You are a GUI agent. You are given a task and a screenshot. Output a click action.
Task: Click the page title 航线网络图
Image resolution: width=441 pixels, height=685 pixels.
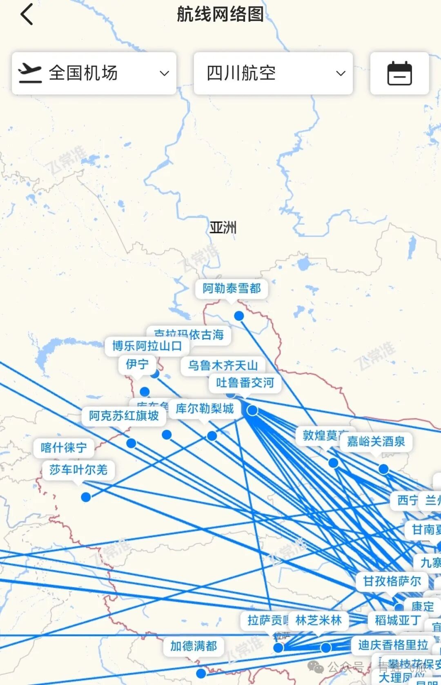220,14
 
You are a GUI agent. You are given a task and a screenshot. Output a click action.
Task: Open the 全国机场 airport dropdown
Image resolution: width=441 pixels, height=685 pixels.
94,74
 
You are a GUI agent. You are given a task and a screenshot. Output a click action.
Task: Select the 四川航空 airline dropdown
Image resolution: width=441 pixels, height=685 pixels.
273,74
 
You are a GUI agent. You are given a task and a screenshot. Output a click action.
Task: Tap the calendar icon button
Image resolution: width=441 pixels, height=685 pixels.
399,74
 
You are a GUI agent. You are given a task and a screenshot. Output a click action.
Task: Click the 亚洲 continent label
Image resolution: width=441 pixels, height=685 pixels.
223,228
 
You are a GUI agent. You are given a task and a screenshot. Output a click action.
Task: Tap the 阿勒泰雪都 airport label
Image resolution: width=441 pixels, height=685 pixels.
232,288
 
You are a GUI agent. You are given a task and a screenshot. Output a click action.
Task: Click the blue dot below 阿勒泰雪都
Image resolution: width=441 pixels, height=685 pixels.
239,316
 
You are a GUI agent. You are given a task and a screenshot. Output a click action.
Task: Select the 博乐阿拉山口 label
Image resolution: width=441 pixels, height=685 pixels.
147,346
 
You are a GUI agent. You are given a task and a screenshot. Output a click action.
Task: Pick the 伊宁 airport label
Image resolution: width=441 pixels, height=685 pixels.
137,364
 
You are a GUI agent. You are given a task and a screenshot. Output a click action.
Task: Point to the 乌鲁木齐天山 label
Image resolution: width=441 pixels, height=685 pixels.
223,365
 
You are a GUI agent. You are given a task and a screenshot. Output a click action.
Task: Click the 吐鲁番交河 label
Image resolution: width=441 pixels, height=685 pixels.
245,383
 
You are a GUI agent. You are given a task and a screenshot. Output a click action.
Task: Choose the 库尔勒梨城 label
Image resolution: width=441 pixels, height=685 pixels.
205,408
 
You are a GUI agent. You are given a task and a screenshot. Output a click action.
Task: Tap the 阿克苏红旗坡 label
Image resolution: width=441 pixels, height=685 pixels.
124,416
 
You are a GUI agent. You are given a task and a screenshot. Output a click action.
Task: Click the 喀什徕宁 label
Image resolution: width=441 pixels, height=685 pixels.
64,448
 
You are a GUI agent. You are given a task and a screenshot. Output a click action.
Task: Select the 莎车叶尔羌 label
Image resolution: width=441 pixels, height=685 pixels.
78,470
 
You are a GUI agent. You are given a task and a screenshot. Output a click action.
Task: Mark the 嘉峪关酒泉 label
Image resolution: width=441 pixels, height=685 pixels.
376,441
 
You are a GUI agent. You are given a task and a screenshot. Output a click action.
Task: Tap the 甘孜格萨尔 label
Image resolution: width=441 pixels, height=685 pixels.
392,581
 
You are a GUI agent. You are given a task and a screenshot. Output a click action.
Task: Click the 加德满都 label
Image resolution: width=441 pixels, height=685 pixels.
194,646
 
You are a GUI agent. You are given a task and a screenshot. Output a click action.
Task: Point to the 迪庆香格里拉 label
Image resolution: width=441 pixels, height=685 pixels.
393,645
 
